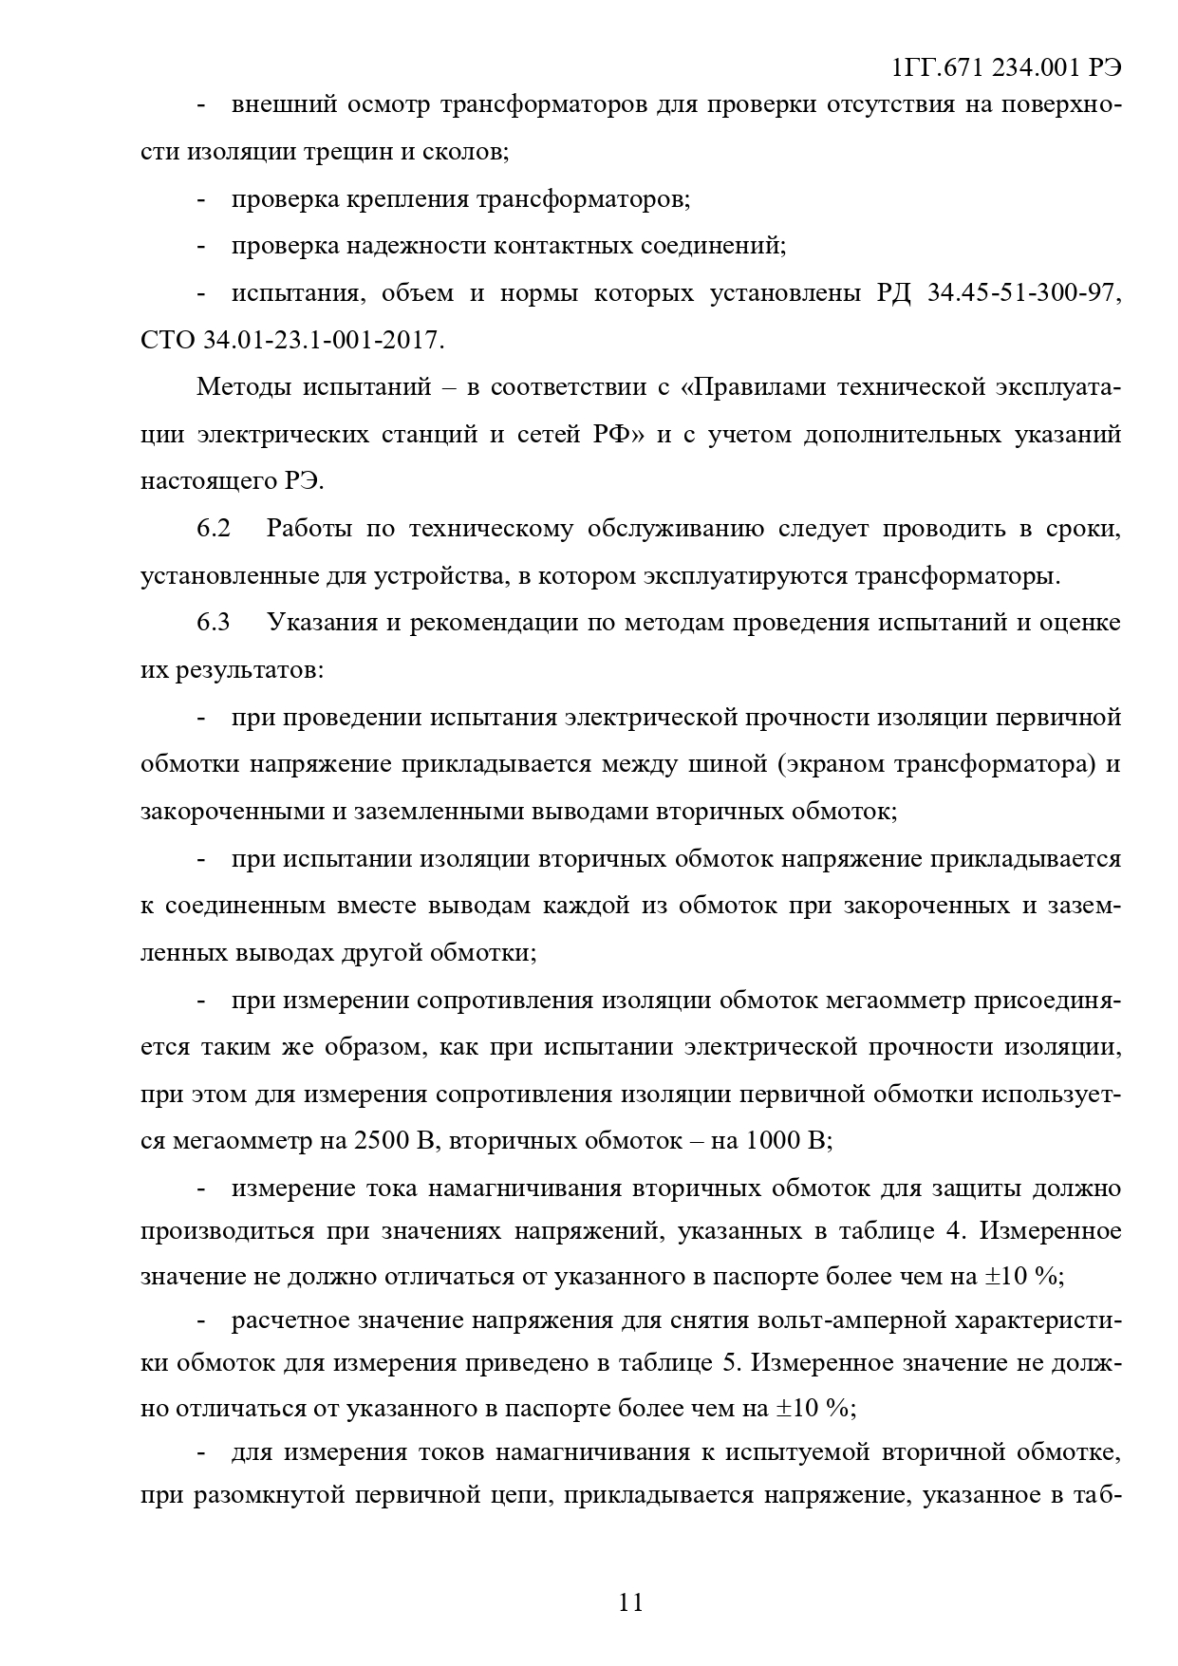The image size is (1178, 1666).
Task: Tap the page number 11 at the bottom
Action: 631,1602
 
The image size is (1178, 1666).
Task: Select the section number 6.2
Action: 214,529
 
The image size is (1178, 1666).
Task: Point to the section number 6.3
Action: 214,623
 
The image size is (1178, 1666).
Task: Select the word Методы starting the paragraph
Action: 243,387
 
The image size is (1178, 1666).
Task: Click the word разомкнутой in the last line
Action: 253,1496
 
